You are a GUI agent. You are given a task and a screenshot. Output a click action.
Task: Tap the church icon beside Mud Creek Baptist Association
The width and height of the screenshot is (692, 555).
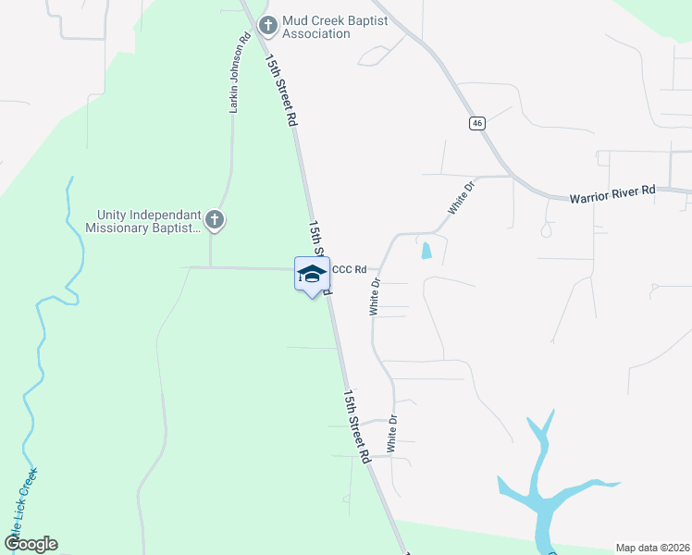point(267,25)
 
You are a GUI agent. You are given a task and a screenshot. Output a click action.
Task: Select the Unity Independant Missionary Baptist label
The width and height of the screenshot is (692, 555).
point(143,220)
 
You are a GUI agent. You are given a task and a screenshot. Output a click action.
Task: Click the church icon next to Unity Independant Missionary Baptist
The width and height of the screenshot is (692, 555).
point(215,220)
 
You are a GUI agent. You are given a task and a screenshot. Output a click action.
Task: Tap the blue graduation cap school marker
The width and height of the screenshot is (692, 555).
point(313,274)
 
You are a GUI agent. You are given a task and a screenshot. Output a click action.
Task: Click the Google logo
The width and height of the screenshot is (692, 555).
point(31,544)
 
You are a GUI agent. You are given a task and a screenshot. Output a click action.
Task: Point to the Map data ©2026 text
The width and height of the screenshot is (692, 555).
point(652,547)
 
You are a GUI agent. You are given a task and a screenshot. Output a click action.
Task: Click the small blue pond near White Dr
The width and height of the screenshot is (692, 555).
point(426,250)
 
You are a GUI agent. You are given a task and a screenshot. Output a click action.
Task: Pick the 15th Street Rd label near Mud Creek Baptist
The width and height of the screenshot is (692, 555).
point(281,90)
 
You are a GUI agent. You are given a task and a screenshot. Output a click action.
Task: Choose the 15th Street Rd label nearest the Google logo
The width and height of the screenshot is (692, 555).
point(357,425)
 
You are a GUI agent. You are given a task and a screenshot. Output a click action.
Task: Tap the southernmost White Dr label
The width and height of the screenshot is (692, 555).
point(392,433)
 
